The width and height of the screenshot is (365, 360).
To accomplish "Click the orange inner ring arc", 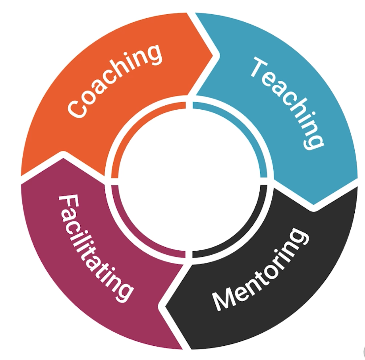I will click(x=134, y=125).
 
